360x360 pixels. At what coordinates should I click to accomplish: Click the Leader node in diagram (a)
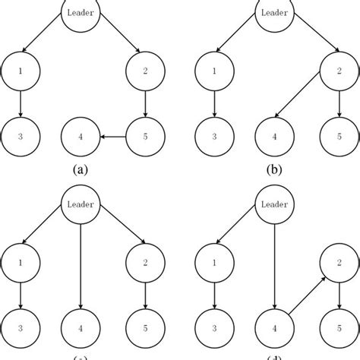[x=81, y=13]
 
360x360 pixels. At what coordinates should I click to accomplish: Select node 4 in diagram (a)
[x=81, y=137]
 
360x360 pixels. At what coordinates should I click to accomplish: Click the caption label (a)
[x=81, y=170]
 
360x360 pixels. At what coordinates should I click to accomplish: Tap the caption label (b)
[x=276, y=170]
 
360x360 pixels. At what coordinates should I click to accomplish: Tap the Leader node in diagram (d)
[x=276, y=205]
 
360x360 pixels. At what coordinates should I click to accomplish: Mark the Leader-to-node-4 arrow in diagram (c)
[x=81, y=262]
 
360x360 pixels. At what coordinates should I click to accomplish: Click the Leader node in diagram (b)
[x=276, y=13]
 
